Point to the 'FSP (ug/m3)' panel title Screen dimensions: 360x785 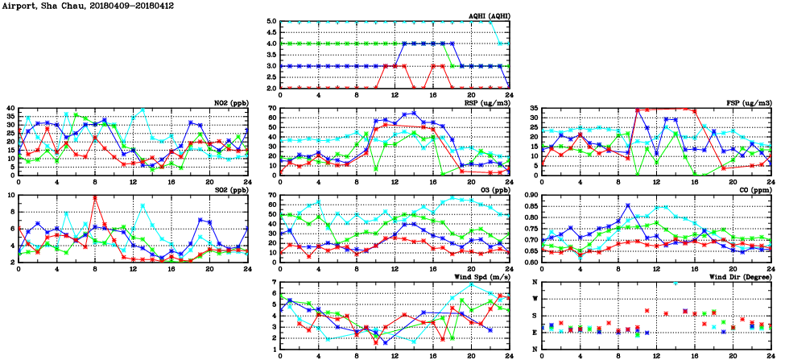click(748, 103)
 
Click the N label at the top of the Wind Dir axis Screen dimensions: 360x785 click(536, 283)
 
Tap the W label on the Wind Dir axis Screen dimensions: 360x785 click(536, 299)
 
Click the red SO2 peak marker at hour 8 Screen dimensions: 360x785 click(95, 197)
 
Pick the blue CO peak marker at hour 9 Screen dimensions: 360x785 click(628, 206)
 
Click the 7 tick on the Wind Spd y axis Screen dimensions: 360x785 click(275, 283)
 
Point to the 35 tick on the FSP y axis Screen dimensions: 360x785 click(533, 108)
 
